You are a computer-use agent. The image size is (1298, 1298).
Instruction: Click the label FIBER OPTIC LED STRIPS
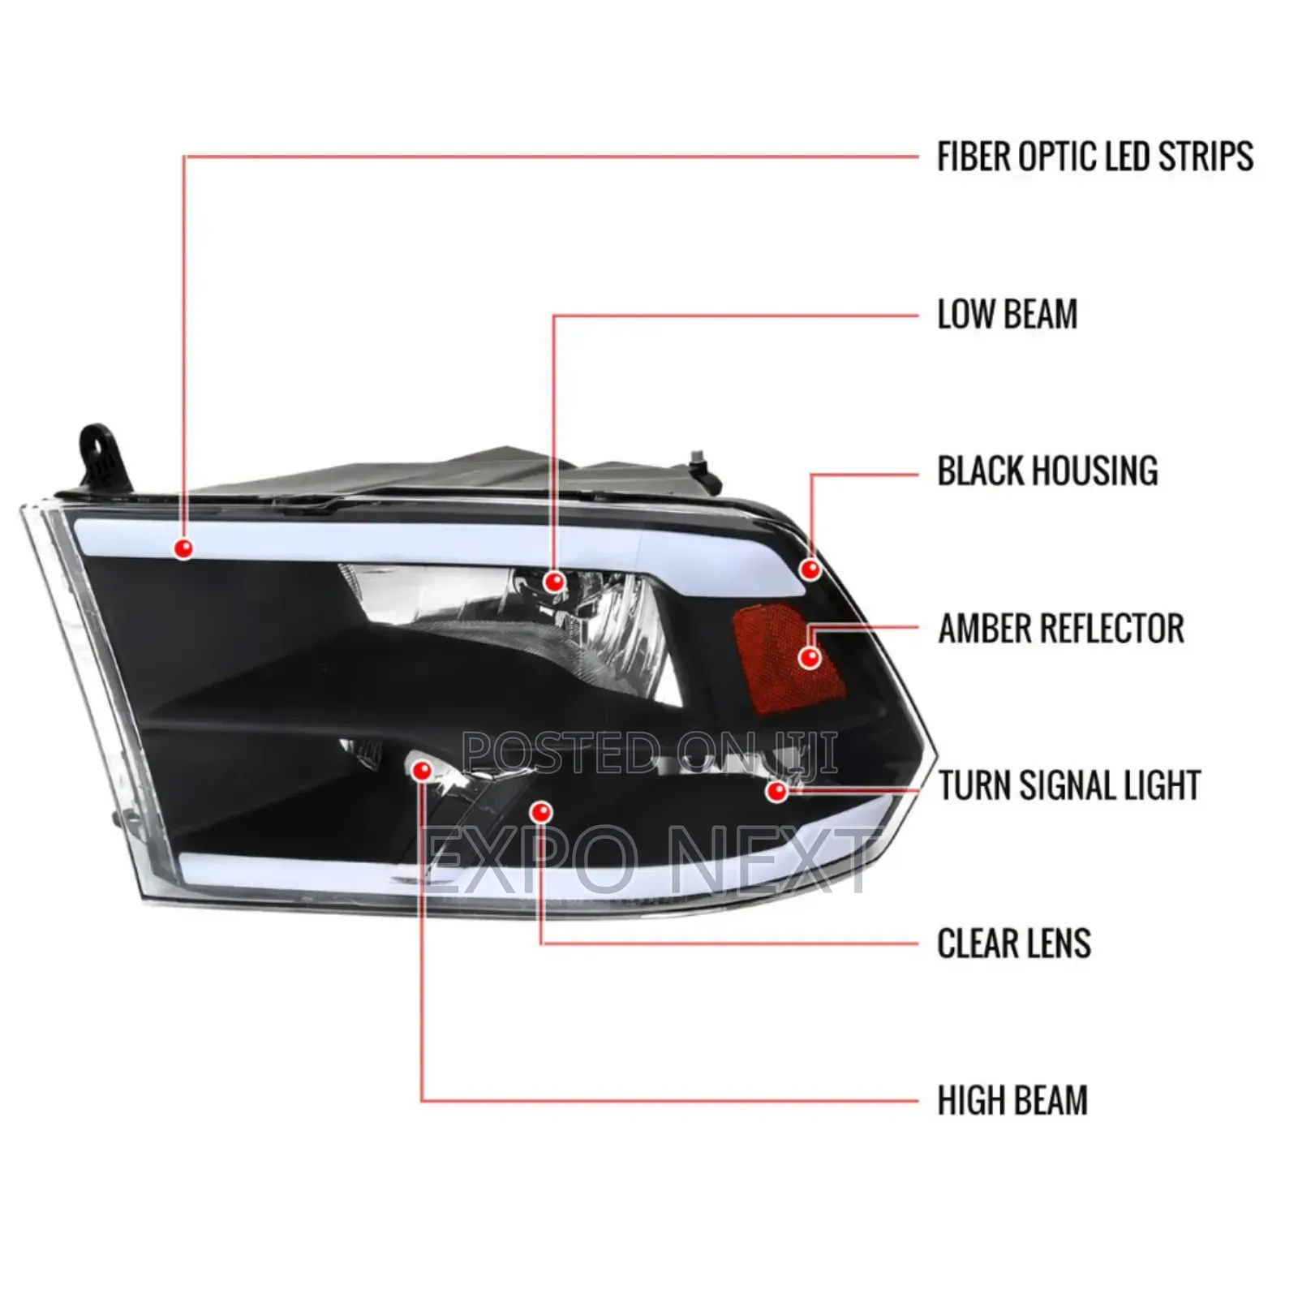pyautogui.click(x=1095, y=157)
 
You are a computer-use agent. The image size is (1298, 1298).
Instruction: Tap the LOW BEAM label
pyautogui.click(x=1008, y=314)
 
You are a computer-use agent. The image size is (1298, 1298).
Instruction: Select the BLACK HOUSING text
pyautogui.click(x=1047, y=471)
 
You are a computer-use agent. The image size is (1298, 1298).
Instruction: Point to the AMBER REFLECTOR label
pyautogui.click(x=1061, y=629)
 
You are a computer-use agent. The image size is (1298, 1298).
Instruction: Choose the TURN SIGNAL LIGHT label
pyautogui.click(x=1069, y=785)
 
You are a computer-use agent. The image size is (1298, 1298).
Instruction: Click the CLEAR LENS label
pyautogui.click(x=1014, y=943)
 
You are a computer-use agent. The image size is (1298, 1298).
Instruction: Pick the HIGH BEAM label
pyautogui.click(x=1012, y=1101)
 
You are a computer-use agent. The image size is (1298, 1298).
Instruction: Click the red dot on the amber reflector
pyautogui.click(x=810, y=657)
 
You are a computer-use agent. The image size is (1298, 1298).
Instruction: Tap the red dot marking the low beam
pyautogui.click(x=555, y=581)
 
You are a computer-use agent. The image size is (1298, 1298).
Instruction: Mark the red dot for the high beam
pyautogui.click(x=422, y=771)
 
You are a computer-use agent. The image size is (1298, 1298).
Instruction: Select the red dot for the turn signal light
pyautogui.click(x=777, y=791)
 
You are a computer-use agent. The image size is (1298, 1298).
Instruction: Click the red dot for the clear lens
pyautogui.click(x=541, y=812)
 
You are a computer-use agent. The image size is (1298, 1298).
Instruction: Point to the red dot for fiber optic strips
pyautogui.click(x=184, y=549)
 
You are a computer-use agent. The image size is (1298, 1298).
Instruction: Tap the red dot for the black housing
pyautogui.click(x=810, y=569)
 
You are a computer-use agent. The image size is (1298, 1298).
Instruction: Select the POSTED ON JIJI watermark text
pyautogui.click(x=649, y=752)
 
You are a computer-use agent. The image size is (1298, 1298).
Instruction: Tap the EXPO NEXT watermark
pyautogui.click(x=649, y=862)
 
